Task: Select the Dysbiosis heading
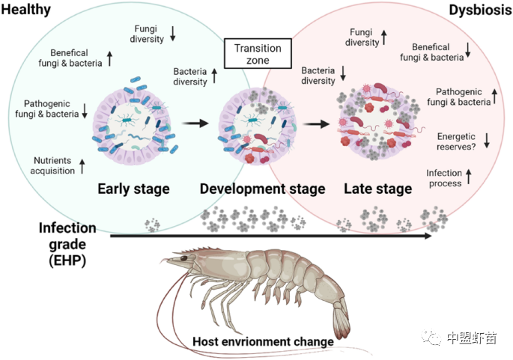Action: tap(480, 9)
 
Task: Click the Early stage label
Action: tap(133, 188)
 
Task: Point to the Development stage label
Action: tap(262, 188)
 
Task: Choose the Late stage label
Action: tap(378, 188)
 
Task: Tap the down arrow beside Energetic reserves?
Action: tap(486, 139)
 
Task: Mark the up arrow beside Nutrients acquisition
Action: tap(82, 165)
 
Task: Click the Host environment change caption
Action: tap(262, 341)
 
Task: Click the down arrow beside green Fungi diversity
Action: tap(172, 32)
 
